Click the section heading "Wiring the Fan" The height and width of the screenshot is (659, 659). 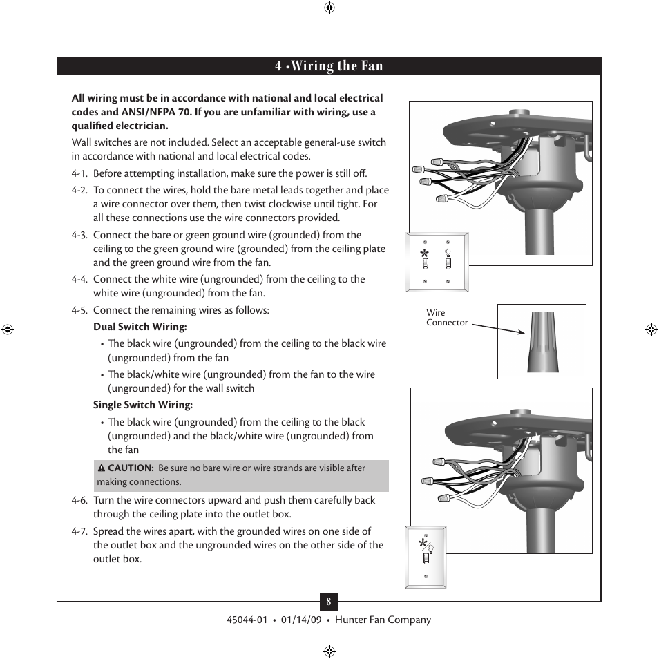point(336,66)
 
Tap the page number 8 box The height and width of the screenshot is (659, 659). point(329,602)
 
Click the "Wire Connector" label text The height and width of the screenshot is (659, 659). point(446,318)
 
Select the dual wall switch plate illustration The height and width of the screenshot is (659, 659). point(437,262)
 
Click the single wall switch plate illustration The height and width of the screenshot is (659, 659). point(426,557)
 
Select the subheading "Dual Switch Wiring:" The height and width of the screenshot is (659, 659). point(140,327)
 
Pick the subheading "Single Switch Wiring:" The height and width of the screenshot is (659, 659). point(143,405)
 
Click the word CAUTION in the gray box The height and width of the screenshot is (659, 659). point(131,468)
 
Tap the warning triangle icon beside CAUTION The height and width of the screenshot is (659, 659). point(101,468)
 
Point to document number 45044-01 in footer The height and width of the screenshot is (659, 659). point(247,620)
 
